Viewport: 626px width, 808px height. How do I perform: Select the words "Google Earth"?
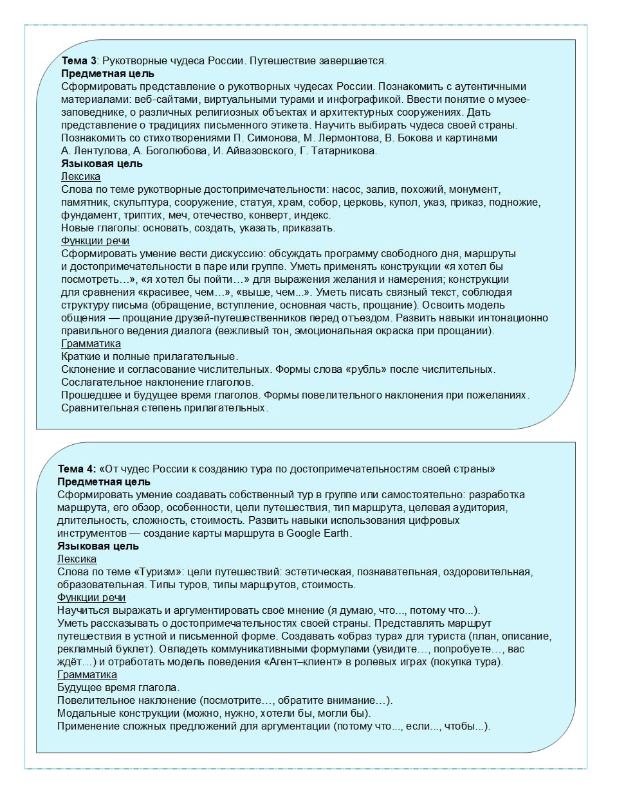coord(318,533)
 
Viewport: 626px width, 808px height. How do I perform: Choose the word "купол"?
coord(403,202)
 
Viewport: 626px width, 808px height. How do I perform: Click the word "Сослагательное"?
coord(98,382)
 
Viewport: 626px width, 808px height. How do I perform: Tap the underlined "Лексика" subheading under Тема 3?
coord(80,177)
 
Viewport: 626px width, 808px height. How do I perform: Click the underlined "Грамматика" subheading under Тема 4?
coord(87,675)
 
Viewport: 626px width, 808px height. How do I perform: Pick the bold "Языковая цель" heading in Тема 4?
coord(98,546)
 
